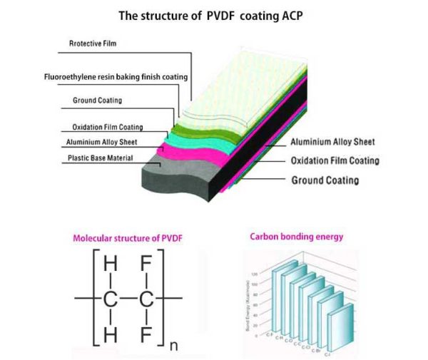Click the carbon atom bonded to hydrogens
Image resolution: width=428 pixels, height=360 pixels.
coord(110,298)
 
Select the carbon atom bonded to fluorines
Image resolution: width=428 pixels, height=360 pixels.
coord(146,298)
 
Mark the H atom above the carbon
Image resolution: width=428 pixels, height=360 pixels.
coord(110,265)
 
